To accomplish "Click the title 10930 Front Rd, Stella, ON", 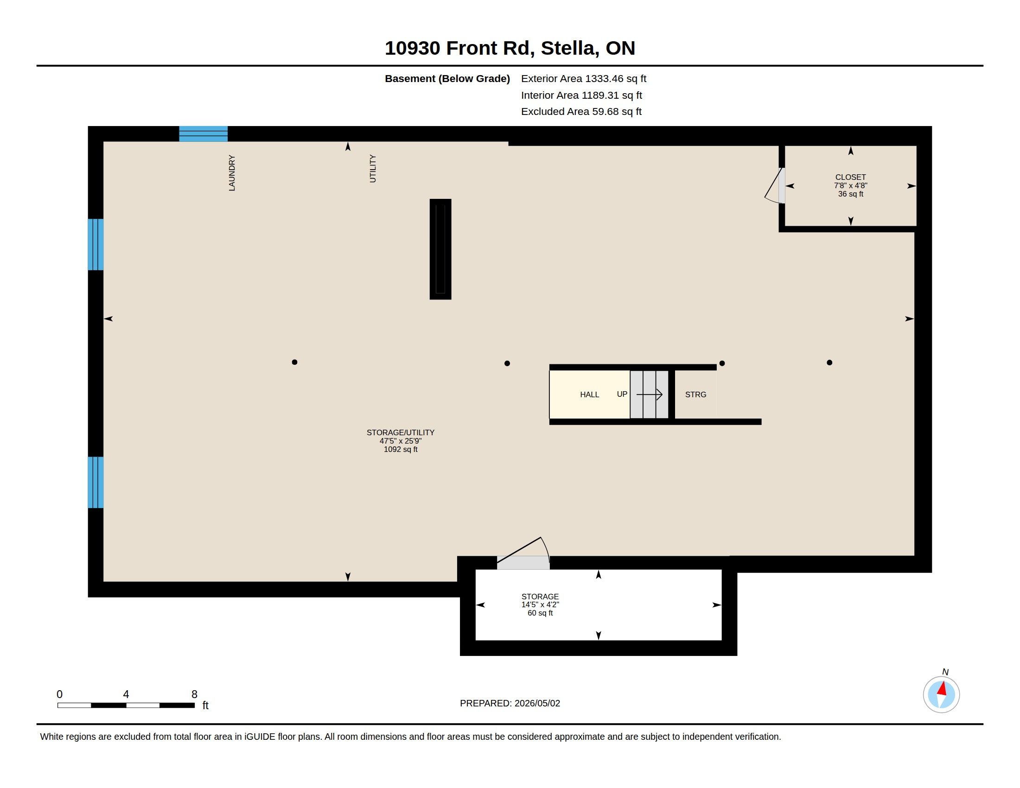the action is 510,48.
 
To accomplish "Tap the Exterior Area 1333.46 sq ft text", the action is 583,78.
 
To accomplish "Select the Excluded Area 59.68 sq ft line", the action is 581,111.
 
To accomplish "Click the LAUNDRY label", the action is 232,173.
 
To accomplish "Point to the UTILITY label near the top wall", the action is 373,169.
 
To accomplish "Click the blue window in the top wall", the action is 203,133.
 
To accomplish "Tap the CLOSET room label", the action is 850,178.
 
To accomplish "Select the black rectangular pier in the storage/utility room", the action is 440,249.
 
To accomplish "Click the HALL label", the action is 589,394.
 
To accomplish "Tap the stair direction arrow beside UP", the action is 649,394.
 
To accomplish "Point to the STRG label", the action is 695,394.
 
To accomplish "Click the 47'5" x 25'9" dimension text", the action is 400,441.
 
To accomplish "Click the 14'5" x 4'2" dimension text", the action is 540,604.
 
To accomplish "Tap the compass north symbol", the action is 941,694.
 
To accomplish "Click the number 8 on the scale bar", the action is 194,694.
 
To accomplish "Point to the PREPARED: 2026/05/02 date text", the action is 510,703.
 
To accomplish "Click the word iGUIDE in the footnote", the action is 260,737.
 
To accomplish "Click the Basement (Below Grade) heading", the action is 447,78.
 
